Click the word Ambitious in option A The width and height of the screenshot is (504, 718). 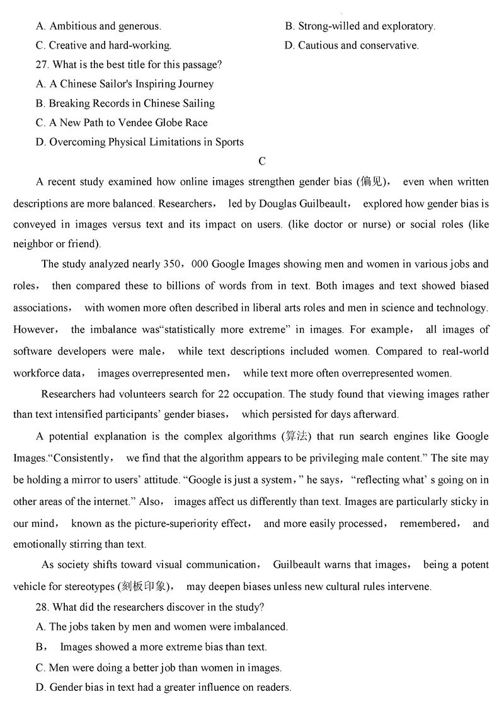(72, 26)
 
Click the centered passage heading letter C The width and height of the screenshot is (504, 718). (262, 161)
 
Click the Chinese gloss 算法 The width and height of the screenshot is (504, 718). (294, 437)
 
